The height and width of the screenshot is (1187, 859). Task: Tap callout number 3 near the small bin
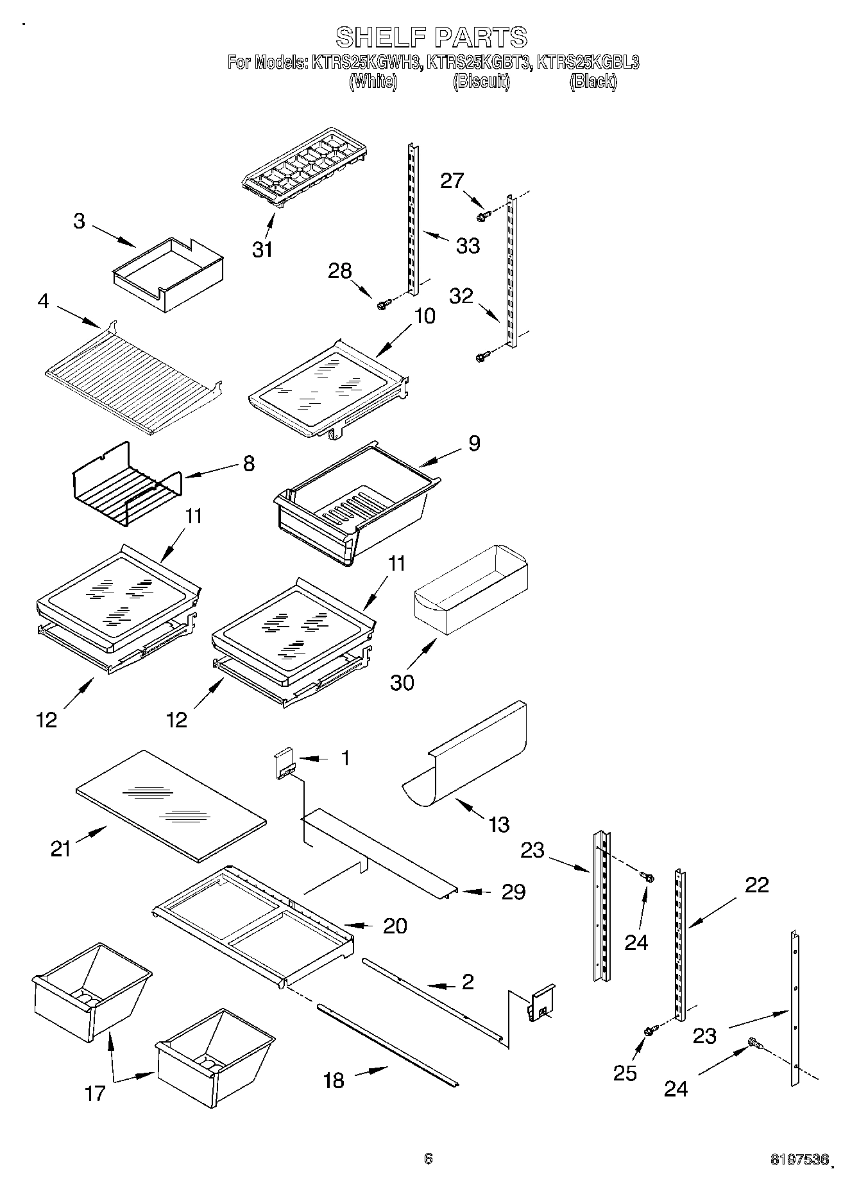click(79, 221)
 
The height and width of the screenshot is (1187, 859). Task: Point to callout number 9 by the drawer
click(474, 443)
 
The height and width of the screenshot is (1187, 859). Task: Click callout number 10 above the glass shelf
click(425, 316)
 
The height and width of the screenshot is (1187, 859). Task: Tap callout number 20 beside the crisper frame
click(395, 926)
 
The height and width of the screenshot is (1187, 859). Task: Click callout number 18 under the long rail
click(334, 1080)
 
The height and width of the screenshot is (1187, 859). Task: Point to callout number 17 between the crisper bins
click(95, 1093)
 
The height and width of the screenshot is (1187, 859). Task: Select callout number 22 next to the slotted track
click(757, 885)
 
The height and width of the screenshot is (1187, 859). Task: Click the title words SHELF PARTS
click(432, 37)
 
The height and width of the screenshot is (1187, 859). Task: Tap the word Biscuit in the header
click(481, 82)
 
